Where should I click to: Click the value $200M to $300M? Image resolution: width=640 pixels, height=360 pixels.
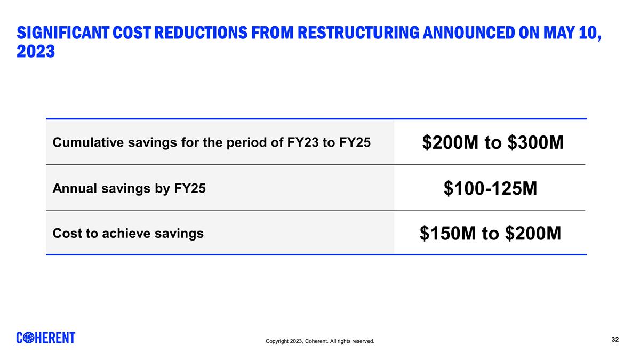(x=493, y=142)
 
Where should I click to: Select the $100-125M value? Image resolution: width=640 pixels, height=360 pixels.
(x=490, y=188)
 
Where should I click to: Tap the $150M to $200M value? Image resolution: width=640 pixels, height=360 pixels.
(x=490, y=233)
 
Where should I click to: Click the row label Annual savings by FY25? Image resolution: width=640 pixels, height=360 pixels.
(x=129, y=188)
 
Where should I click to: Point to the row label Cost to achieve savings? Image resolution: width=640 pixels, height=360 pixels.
(x=128, y=233)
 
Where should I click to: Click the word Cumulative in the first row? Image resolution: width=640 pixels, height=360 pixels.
(x=85, y=142)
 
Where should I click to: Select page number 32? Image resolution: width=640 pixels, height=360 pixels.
(x=615, y=340)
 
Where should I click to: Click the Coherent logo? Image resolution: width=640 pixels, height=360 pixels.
(x=46, y=338)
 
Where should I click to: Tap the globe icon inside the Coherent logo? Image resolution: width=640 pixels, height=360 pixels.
(x=30, y=338)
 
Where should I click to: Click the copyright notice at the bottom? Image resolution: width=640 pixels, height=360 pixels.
(x=319, y=341)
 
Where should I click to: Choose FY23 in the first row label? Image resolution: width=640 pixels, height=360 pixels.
(x=300, y=142)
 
